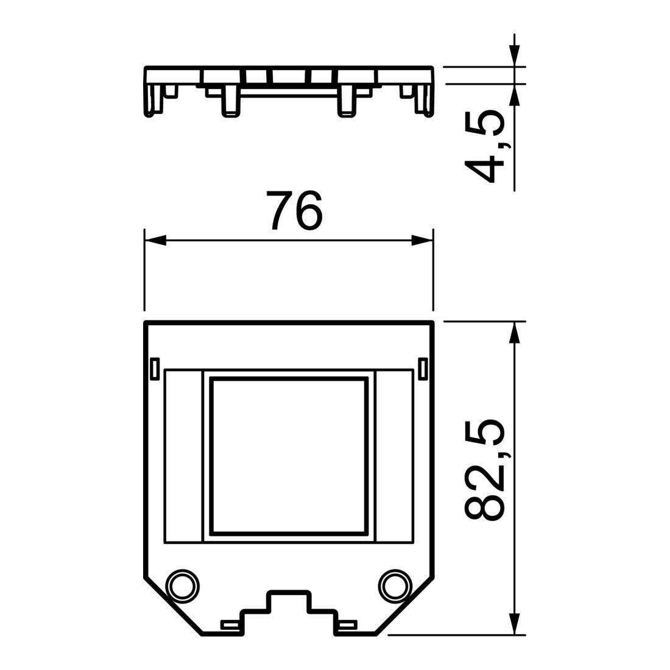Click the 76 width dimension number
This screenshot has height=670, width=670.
[x=294, y=210]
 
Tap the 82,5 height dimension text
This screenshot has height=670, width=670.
[x=484, y=470]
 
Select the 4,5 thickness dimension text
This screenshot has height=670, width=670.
[x=484, y=147]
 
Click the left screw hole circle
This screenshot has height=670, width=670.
[x=183, y=586]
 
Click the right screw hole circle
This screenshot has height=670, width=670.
[x=395, y=586]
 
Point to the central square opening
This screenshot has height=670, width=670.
[x=289, y=456]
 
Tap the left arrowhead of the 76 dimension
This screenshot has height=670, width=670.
[x=155, y=241]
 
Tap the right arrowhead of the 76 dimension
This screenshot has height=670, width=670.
[x=422, y=241]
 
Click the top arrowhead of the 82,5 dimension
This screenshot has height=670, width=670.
[x=515, y=332]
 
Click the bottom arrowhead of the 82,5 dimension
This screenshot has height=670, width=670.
[x=515, y=624]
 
